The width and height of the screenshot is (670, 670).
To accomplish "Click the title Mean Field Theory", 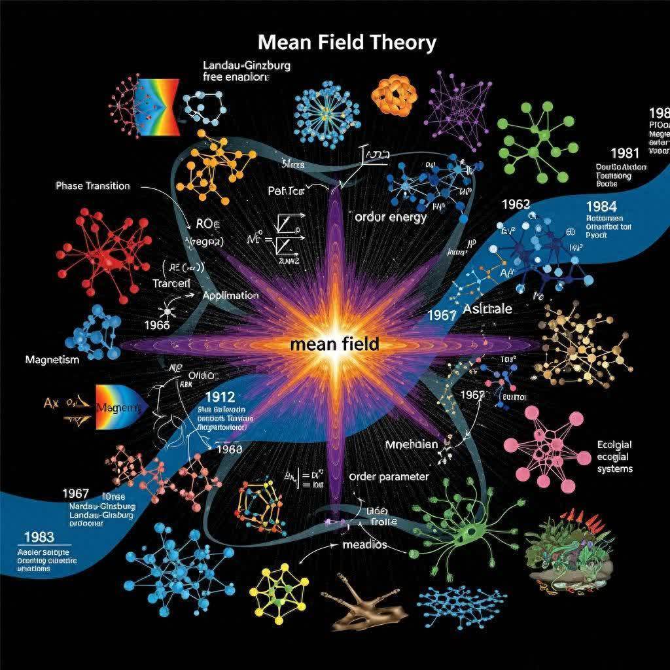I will pyautogui.click(x=347, y=43).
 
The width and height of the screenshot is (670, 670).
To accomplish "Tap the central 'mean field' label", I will pyautogui.click(x=334, y=344).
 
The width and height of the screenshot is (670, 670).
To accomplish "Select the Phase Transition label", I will pyautogui.click(x=92, y=186).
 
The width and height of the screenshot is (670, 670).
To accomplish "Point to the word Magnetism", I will pyautogui.click(x=52, y=360).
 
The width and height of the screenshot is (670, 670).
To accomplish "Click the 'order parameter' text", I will pyautogui.click(x=389, y=476).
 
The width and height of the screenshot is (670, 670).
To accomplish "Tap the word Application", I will pyautogui.click(x=231, y=295).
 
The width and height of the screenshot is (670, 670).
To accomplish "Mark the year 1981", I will pyautogui.click(x=625, y=153).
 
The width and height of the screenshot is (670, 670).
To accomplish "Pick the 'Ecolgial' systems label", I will pyautogui.click(x=614, y=445).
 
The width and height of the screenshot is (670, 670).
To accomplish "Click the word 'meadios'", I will pyautogui.click(x=364, y=544).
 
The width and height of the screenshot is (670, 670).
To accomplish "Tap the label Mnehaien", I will pyautogui.click(x=411, y=444).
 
